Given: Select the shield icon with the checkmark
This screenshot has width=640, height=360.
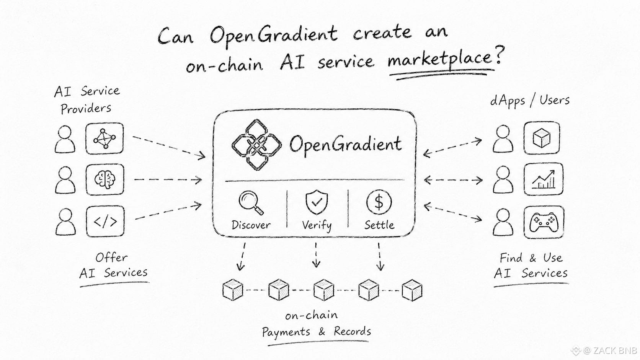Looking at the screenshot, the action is [x=317, y=202].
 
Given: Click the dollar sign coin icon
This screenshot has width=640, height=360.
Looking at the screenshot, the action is [x=379, y=202].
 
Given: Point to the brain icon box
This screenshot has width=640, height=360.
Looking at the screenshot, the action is [x=105, y=179].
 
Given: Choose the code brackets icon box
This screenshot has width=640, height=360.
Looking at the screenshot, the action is [x=105, y=221].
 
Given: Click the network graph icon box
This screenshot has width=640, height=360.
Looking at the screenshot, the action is [x=104, y=138].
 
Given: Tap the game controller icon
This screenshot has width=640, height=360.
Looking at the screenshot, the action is [x=544, y=222].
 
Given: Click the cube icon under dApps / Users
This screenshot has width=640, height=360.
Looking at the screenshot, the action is [x=541, y=138].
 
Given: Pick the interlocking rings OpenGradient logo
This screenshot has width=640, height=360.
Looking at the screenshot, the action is [x=256, y=145].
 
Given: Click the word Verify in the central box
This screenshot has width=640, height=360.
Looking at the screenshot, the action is [x=317, y=226].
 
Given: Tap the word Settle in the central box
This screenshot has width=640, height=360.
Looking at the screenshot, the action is [x=379, y=225].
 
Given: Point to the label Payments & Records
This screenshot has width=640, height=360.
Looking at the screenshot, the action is [x=316, y=332].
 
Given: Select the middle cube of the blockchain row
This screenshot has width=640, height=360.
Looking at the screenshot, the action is [x=323, y=290].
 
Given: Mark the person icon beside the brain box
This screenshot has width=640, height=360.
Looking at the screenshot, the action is [x=65, y=180].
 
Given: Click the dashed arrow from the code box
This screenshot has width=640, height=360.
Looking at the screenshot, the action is [x=168, y=211].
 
